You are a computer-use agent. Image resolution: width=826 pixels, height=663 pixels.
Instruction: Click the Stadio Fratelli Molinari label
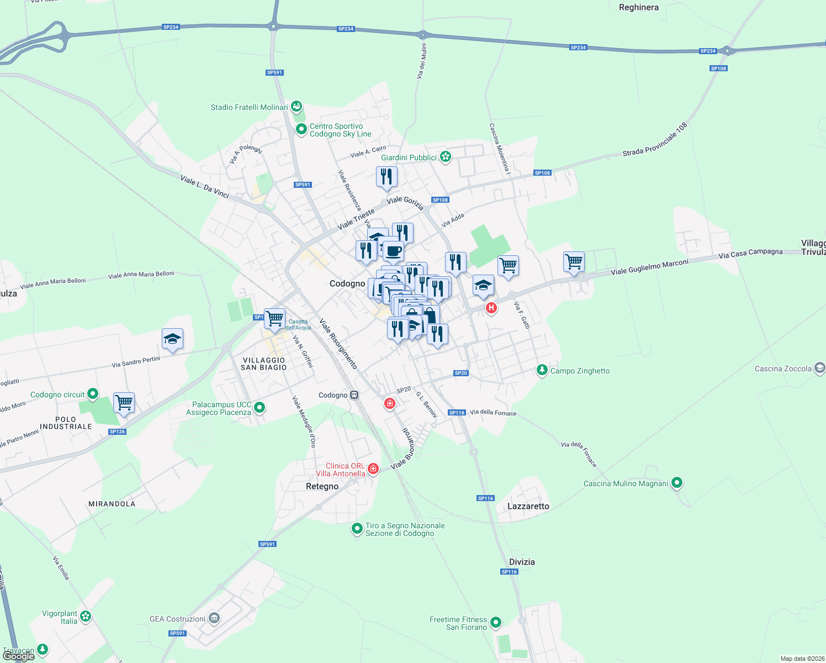click(x=250, y=107)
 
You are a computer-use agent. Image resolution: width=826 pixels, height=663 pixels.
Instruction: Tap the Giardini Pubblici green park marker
click(x=446, y=157)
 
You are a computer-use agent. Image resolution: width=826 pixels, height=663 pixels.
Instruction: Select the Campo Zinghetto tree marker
click(x=542, y=370)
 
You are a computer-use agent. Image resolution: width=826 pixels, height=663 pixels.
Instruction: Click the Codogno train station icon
click(x=354, y=395)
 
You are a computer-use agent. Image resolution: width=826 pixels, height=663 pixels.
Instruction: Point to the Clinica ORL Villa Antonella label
click(x=341, y=470)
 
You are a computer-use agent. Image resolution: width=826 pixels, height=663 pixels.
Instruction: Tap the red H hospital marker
click(x=491, y=308)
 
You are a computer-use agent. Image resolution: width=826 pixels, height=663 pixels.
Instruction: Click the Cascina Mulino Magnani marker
click(x=677, y=483)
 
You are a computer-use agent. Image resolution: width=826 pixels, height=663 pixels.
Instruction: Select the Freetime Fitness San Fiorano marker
click(x=496, y=623)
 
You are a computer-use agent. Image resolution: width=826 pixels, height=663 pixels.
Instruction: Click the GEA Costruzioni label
click(x=177, y=619)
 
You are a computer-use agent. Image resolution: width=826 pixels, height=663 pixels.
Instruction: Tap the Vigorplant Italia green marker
click(x=85, y=616)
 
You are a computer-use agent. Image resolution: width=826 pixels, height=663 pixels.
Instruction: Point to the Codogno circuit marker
click(x=93, y=394)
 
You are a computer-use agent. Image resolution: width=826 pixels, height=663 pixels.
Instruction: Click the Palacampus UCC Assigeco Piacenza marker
click(x=259, y=408)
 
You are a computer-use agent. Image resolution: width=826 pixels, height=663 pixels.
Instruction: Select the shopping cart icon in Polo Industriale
click(x=124, y=402)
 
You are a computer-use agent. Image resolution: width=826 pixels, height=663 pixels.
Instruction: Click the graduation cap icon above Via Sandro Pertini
click(x=172, y=339)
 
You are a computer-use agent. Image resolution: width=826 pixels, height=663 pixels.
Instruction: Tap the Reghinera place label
click(x=639, y=8)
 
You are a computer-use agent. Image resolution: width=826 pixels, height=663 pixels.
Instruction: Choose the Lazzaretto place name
click(x=528, y=506)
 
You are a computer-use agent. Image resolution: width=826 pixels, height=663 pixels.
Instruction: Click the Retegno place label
click(x=322, y=486)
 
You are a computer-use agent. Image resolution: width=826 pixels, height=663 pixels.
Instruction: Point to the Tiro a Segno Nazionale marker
click(x=357, y=529)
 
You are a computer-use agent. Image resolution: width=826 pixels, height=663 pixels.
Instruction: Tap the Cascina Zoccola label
click(x=783, y=369)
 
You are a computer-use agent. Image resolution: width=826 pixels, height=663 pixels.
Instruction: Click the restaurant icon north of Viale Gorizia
click(x=386, y=177)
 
